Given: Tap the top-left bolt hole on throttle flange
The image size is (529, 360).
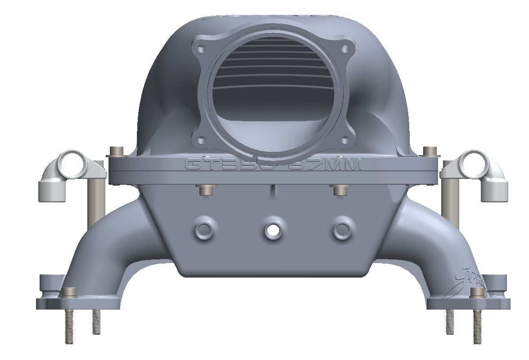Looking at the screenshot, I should click(202, 48).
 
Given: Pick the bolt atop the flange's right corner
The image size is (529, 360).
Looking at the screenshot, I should click(429, 151).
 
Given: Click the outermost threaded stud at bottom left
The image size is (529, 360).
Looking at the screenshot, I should click(68, 327).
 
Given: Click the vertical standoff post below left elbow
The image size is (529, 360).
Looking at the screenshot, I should click(95, 203).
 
